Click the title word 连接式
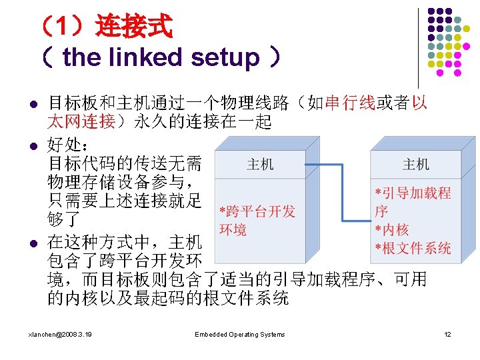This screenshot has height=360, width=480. point(134,28)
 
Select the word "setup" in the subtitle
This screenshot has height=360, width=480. point(224,59)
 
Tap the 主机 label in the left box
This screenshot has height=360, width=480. point(260,164)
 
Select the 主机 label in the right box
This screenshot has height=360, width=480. point(416,164)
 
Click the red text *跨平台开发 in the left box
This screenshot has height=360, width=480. point(257,212)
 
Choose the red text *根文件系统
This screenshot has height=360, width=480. point(413,249)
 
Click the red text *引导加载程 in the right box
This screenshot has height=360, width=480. point(413,193)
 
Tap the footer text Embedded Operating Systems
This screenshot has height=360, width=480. point(240,335)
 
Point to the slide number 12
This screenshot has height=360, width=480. point(448,335)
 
